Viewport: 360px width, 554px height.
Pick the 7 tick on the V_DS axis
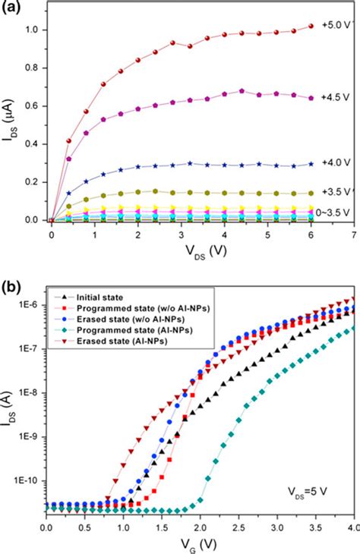pos(354,235)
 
